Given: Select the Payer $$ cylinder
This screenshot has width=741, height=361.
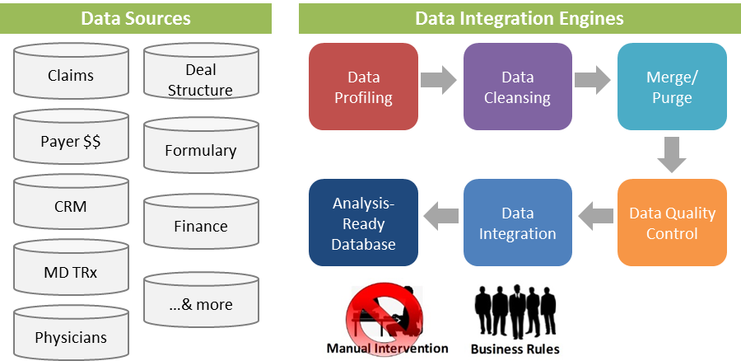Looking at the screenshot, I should click(71, 140).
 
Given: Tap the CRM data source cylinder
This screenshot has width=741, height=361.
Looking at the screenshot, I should click(71, 205).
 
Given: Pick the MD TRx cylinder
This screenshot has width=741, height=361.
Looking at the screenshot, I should click(71, 271).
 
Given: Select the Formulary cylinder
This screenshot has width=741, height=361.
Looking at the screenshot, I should click(200, 150).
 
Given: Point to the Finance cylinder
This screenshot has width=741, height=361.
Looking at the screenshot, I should click(200, 225).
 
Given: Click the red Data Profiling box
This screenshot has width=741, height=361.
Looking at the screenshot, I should click(363, 87).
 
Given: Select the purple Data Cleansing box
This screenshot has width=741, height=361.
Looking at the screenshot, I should click(517, 87).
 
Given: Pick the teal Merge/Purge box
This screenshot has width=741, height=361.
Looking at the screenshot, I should click(671, 87).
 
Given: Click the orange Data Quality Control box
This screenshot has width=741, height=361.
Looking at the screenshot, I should click(671, 223).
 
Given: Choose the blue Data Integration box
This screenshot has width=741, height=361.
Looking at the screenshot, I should click(517, 223).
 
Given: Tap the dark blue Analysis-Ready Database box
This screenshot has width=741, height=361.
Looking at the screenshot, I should click(363, 223).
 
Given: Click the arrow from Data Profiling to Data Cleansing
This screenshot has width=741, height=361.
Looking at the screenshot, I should click(439, 81).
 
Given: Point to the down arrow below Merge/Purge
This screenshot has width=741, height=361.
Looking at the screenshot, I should click(672, 155).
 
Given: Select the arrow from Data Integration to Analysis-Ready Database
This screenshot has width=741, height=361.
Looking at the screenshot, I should click(440, 217).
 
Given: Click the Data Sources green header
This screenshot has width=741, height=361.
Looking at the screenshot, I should click(136, 17).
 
